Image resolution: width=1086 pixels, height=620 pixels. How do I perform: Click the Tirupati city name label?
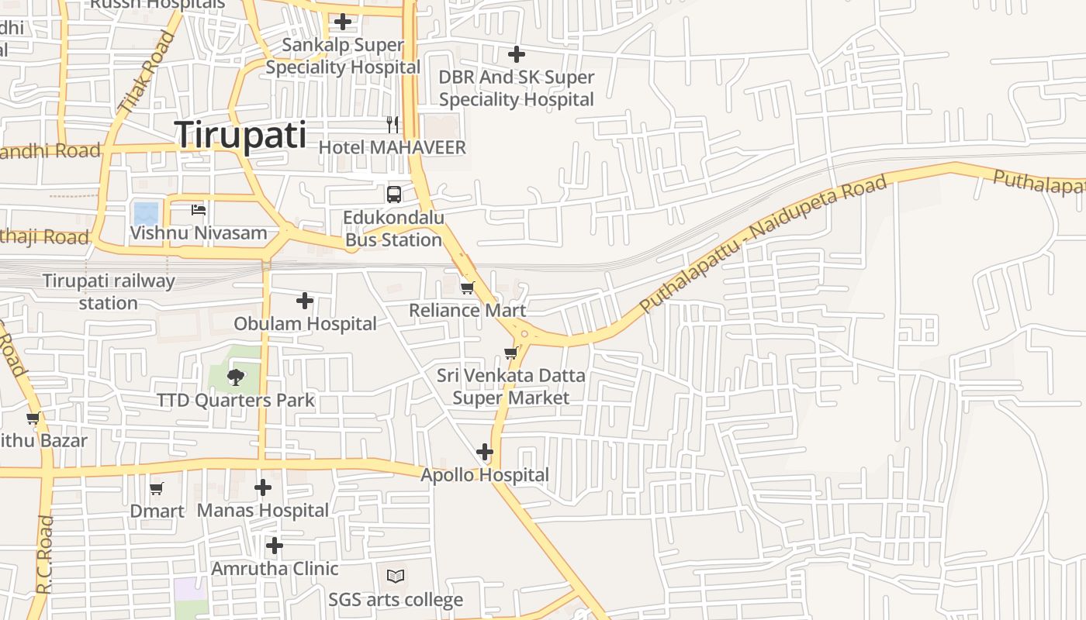click(x=240, y=135)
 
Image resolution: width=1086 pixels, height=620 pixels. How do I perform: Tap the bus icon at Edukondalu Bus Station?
click(x=394, y=194)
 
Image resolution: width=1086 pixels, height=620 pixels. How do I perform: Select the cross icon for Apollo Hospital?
click(x=485, y=452)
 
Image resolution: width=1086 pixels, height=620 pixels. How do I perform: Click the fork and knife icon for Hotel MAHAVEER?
click(x=393, y=124)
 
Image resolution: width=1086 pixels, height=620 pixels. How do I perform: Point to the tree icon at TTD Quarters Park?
click(x=235, y=377)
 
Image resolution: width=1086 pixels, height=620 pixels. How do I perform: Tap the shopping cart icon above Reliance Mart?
click(x=467, y=288)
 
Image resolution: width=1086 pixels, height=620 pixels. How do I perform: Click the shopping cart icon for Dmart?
click(x=157, y=488)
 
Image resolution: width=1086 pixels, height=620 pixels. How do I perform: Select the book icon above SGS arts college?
click(x=396, y=576)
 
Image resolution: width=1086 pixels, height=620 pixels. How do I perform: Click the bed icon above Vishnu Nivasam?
click(x=199, y=209)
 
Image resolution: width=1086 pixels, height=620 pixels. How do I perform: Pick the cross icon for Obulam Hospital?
click(x=305, y=300)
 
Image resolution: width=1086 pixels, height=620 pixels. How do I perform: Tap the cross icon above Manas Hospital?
click(x=263, y=487)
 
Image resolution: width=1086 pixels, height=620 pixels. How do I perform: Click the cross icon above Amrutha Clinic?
click(x=274, y=546)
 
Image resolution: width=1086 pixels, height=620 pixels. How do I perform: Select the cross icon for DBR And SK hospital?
click(x=516, y=54)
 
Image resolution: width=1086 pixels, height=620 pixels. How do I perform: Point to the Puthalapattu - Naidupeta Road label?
click(x=763, y=244)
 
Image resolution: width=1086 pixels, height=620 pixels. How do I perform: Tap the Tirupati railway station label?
click(x=109, y=291)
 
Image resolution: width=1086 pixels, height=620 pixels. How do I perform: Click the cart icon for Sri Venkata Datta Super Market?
click(x=510, y=353)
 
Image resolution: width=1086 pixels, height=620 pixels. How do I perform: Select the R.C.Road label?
click(x=44, y=555)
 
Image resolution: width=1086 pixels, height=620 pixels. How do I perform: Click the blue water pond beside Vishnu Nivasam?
click(x=146, y=212)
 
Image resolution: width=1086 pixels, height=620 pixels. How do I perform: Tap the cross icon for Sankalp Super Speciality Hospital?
click(x=342, y=22)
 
